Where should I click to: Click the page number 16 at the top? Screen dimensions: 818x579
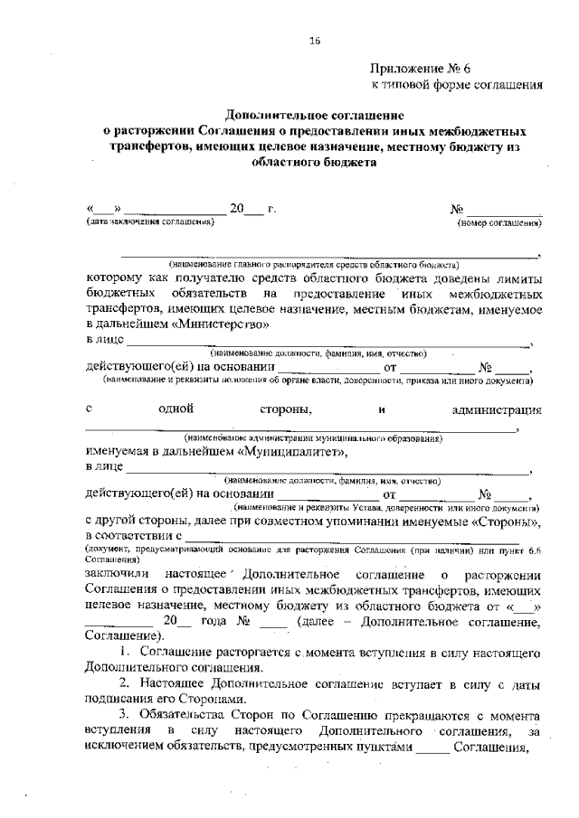[316, 40]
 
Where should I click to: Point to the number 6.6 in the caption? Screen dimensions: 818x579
[533, 550]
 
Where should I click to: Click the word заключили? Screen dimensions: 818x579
[118, 575]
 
